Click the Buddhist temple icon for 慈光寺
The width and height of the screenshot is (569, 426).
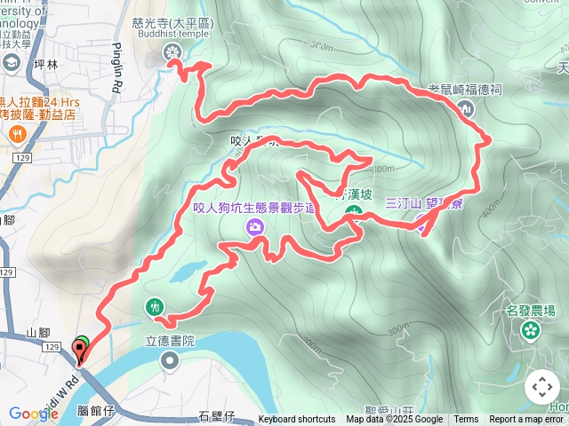(x=171, y=53)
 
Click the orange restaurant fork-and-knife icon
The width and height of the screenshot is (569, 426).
(x=16, y=134)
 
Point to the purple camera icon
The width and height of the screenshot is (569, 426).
(x=256, y=228)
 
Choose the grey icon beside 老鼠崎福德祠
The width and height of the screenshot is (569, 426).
(x=467, y=108)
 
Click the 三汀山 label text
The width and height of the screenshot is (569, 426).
(x=403, y=203)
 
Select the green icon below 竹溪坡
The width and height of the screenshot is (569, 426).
(x=353, y=212)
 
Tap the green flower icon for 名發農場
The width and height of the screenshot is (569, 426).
(x=531, y=330)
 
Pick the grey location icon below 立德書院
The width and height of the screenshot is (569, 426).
(x=169, y=360)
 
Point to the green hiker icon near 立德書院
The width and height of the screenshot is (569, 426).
(x=156, y=307)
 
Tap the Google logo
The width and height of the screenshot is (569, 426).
(x=34, y=414)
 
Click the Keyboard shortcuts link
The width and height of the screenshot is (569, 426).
(x=297, y=420)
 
